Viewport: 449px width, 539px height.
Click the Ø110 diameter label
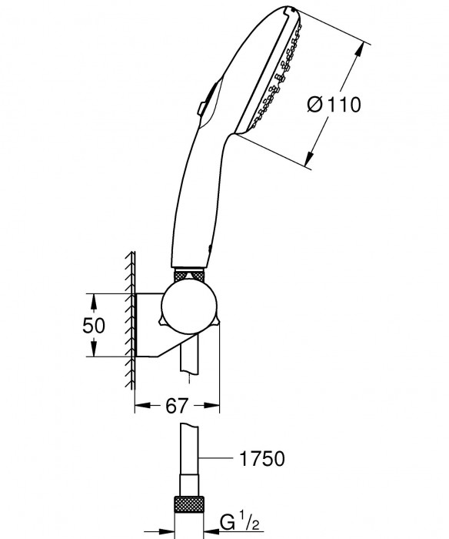click(x=334, y=104)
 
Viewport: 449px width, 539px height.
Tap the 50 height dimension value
click(x=93, y=325)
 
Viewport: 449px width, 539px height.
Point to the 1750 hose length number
click(x=262, y=460)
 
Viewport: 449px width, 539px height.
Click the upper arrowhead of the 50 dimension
click(x=92, y=297)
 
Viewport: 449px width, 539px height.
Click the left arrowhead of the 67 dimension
click(x=140, y=403)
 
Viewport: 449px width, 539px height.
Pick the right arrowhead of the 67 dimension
click(x=215, y=403)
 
